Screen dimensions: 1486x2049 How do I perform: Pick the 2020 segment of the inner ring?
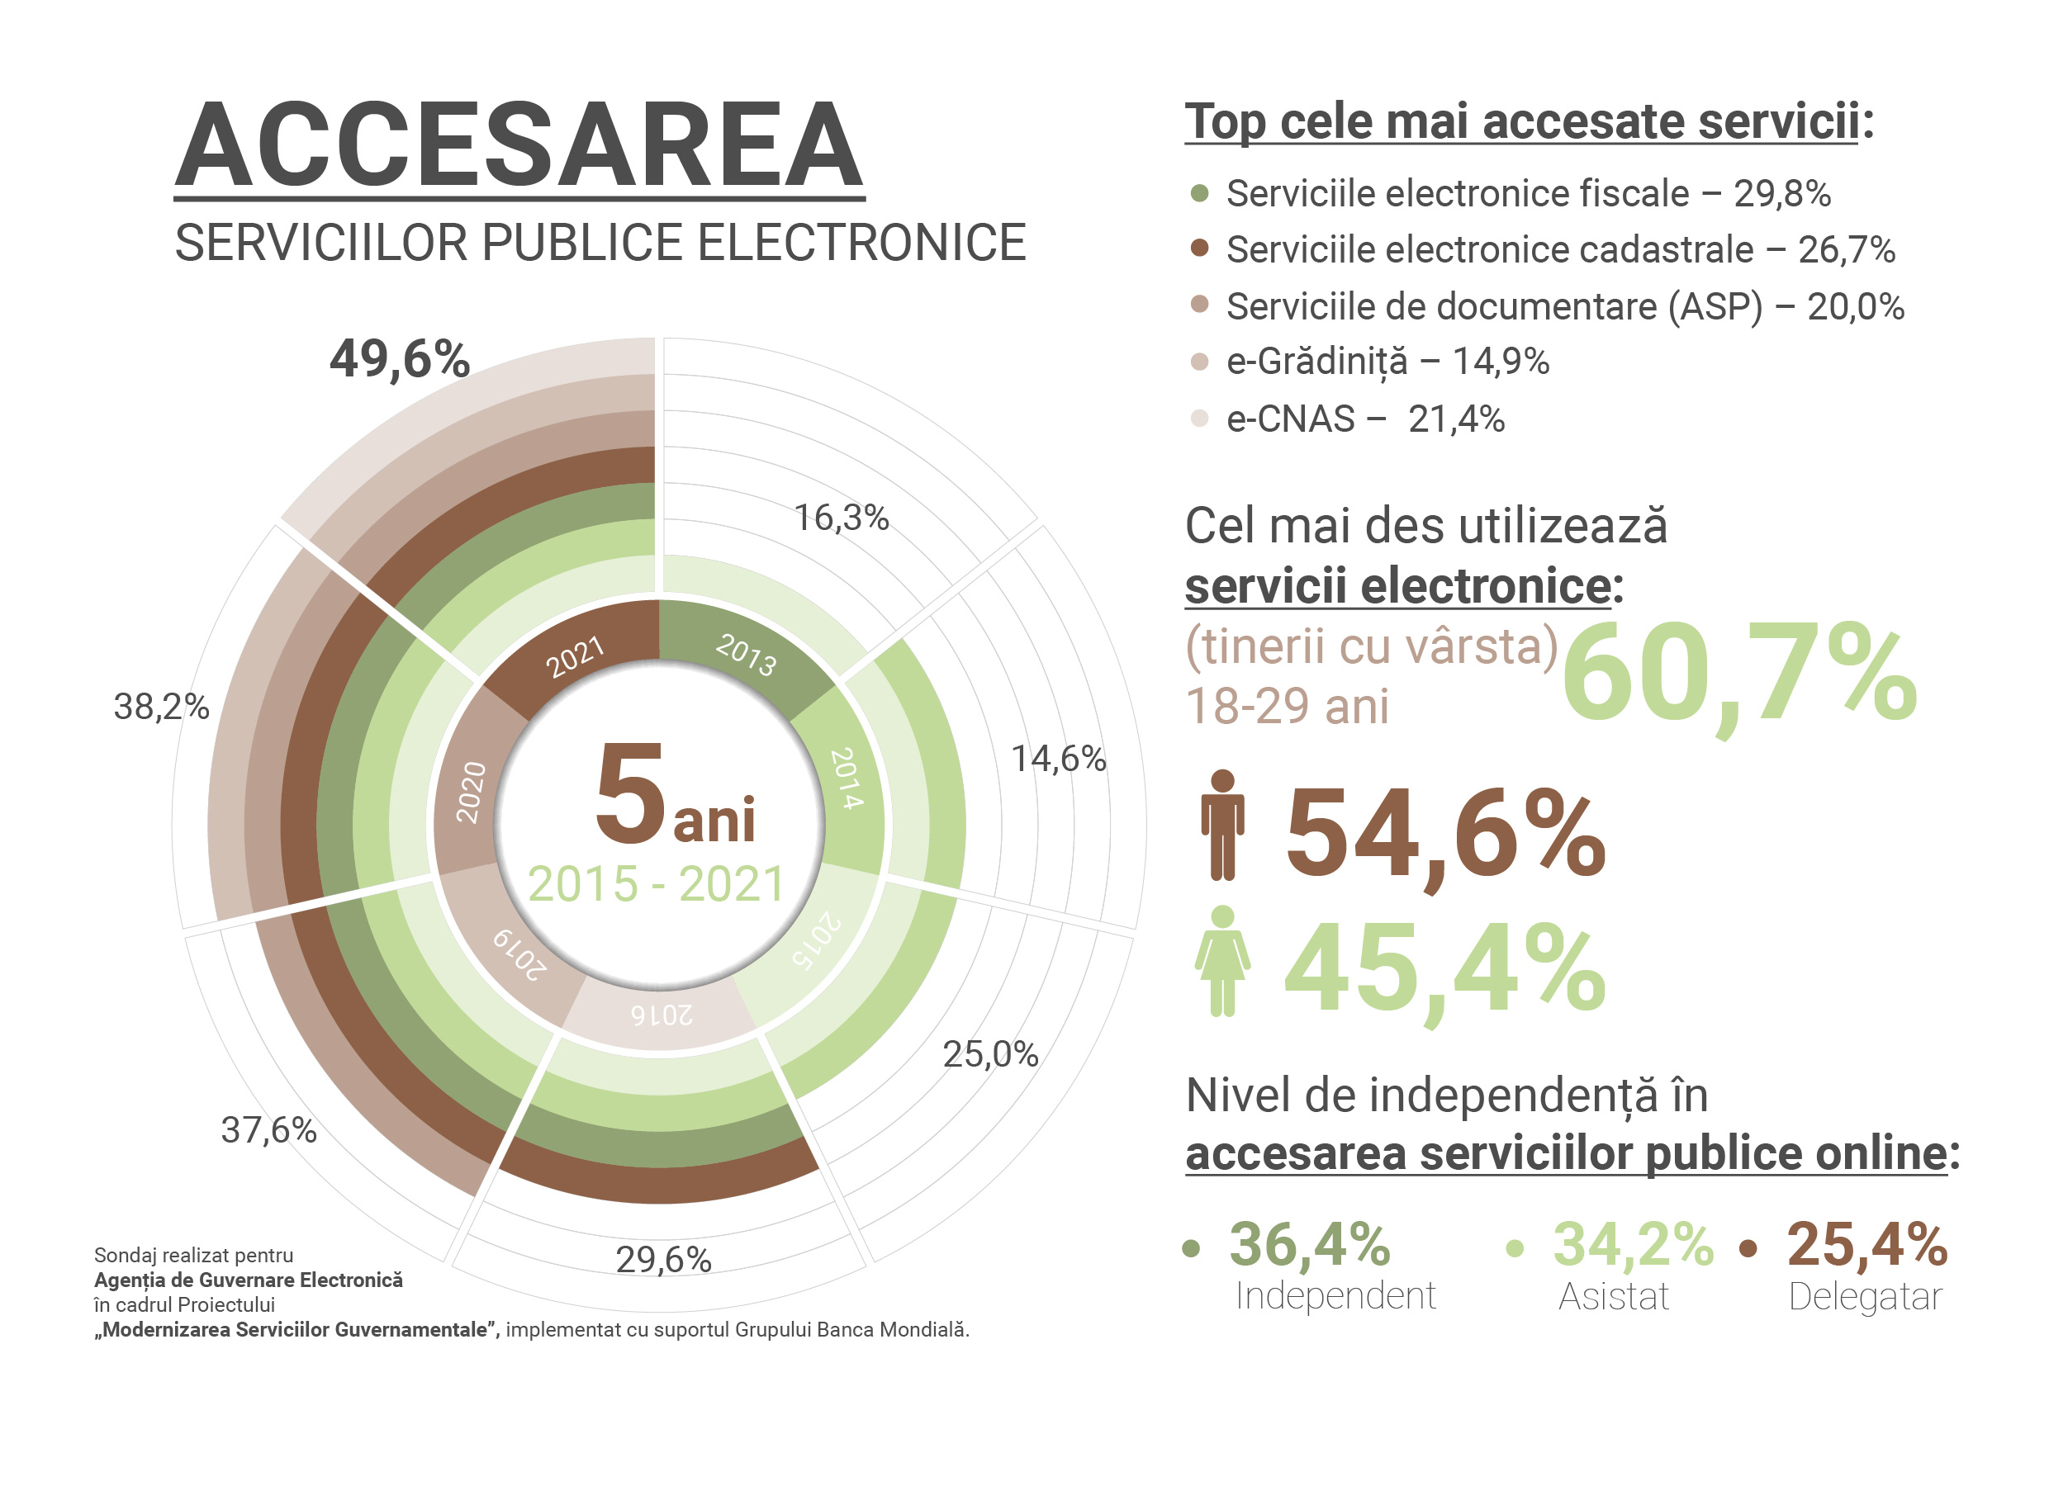click(x=470, y=793)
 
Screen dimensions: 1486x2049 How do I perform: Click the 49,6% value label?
click(x=400, y=358)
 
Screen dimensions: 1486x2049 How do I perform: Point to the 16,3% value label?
click(x=841, y=518)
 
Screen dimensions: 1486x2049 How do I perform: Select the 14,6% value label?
click(x=1058, y=759)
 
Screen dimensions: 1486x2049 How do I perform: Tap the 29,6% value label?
click(x=663, y=1259)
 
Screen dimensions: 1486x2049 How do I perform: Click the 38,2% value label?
click(x=161, y=707)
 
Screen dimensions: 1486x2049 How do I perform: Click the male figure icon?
click(x=1222, y=825)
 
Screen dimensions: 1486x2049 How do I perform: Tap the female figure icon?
click(x=1222, y=961)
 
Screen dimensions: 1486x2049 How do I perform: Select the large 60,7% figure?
click(x=1739, y=673)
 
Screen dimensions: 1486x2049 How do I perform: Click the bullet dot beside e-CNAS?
click(x=1200, y=419)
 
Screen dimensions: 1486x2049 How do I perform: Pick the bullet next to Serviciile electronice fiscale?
click(x=1200, y=193)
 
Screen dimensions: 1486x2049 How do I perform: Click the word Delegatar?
click(x=1865, y=1296)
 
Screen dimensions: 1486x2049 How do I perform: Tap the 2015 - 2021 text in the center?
click(x=656, y=884)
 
